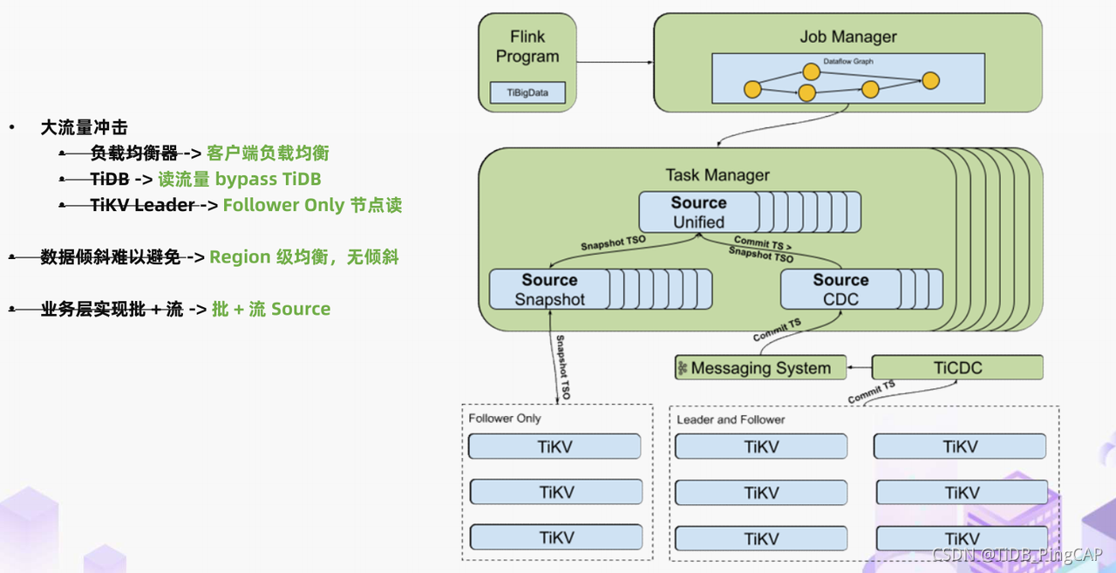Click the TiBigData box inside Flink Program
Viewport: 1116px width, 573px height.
[527, 92]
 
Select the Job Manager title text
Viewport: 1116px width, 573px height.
[847, 37]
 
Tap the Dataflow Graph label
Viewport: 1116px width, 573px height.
[847, 62]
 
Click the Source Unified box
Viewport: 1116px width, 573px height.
[698, 212]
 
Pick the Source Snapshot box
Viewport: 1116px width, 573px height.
[549, 290]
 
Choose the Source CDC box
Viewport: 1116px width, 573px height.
[840, 290]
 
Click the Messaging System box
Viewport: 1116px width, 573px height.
[760, 368]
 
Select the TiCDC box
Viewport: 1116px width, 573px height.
[957, 368]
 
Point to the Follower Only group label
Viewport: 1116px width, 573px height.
[505, 419]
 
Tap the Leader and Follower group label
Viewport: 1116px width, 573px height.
[731, 420]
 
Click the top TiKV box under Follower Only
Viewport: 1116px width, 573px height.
[555, 447]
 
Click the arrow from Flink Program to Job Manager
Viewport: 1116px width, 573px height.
[615, 62]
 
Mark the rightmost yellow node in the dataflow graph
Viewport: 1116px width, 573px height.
[930, 81]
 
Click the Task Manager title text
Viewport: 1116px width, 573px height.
[717, 175]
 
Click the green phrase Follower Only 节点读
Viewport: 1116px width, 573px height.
[312, 206]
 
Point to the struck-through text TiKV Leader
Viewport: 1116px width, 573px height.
[142, 206]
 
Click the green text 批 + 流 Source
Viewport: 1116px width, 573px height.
[271, 310]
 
